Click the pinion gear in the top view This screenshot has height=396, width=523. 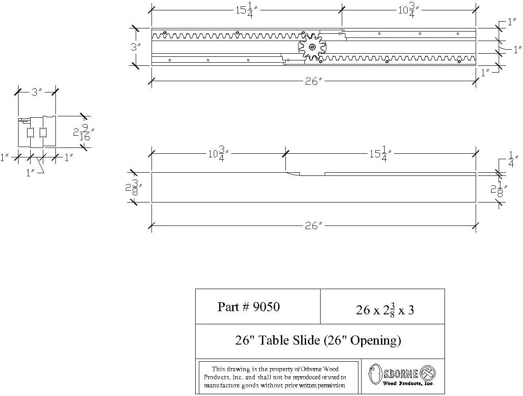[x=312, y=46]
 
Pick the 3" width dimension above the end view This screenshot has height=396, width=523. [x=36, y=93]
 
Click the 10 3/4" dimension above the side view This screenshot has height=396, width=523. [x=218, y=154]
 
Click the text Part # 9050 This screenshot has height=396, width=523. [x=248, y=307]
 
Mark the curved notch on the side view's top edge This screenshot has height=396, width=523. [x=293, y=174]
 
